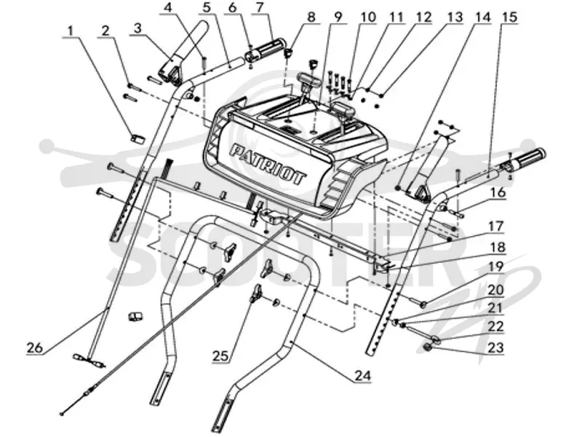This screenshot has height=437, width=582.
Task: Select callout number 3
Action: click(137, 28)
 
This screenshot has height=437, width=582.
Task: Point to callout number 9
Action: click(338, 17)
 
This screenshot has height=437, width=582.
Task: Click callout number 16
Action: click(498, 192)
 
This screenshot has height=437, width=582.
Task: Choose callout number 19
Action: click(496, 267)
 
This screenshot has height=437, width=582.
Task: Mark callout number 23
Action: click(496, 348)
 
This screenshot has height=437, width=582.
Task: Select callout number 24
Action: click(362, 376)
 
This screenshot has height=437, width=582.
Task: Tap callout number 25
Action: click(220, 356)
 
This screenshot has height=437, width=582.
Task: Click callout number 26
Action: click(35, 348)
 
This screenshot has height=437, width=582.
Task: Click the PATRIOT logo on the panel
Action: click(268, 165)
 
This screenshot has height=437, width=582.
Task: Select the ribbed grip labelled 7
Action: click(264, 50)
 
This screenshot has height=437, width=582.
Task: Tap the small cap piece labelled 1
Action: click(137, 138)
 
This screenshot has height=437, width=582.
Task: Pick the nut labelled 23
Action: click(428, 348)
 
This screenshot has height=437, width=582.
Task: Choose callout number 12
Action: click(424, 17)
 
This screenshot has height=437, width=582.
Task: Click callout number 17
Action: click(496, 226)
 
